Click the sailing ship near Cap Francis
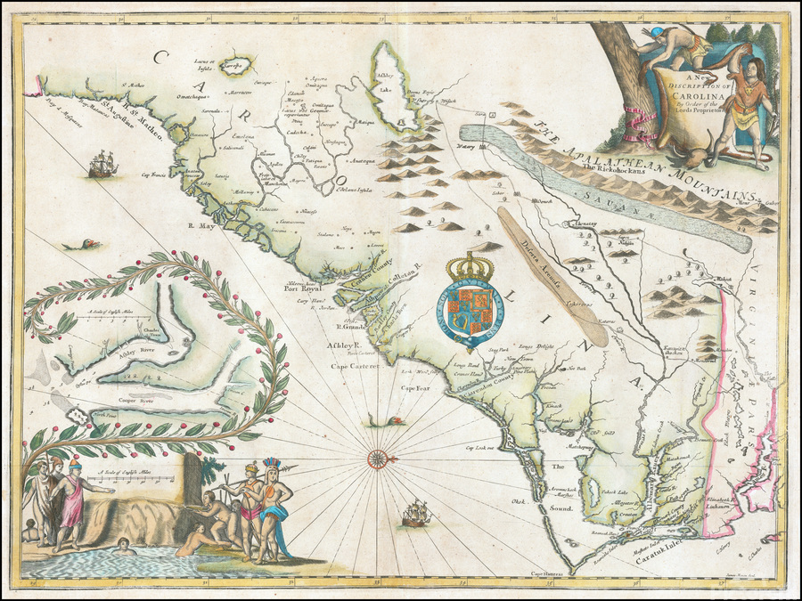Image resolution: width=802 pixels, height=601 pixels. click(x=103, y=163)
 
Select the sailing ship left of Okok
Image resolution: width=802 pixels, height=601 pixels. click(x=415, y=513)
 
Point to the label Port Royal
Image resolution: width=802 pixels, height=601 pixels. click(x=301, y=288)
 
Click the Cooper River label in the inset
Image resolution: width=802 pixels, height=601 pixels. click(x=136, y=402)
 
